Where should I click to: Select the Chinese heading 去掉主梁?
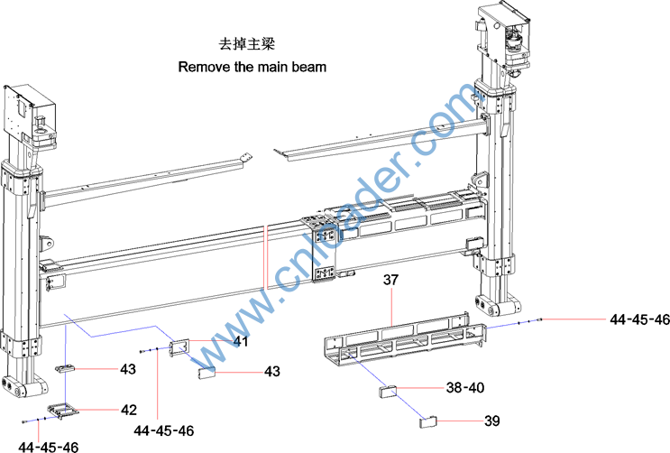pyautogui.click(x=244, y=43)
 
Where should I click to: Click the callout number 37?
pyautogui.click(x=390, y=281)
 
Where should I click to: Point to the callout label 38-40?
pyautogui.click(x=465, y=387)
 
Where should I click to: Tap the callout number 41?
pyautogui.click(x=241, y=341)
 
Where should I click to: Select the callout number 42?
pyautogui.click(x=129, y=409)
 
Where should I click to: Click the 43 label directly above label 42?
pyautogui.click(x=128, y=368)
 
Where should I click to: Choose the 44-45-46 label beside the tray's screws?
pyautogui.click(x=639, y=319)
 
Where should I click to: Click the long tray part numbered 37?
pyautogui.click(x=397, y=344)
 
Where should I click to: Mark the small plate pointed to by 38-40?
pyautogui.click(x=388, y=393)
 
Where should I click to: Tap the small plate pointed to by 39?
pyautogui.click(x=427, y=420)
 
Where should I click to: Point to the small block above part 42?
pyautogui.click(x=66, y=368)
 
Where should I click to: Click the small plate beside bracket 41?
pyautogui.click(x=207, y=370)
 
